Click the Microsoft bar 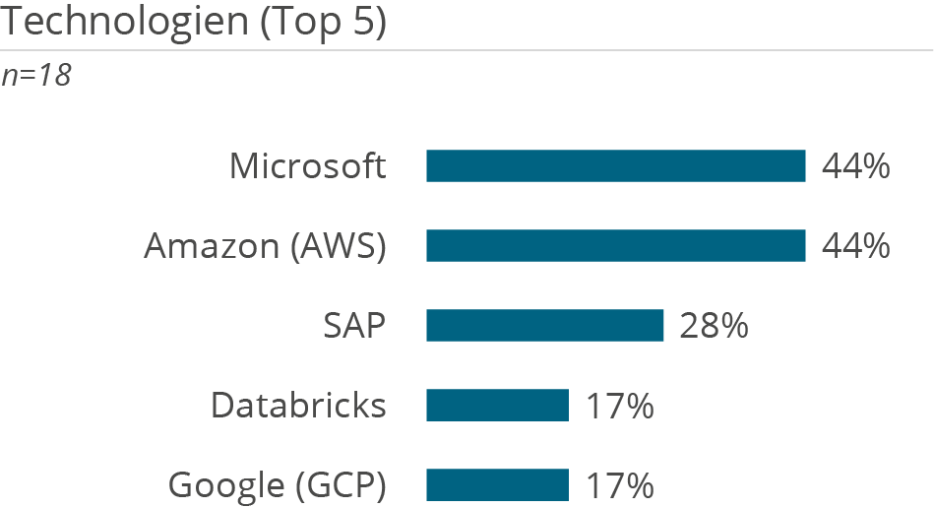(x=615, y=166)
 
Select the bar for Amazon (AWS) (x=615, y=245)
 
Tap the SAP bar (x=544, y=325)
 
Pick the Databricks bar (x=497, y=405)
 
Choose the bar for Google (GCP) (x=497, y=484)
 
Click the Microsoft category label (x=307, y=166)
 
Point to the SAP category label (x=354, y=325)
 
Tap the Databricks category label (x=298, y=405)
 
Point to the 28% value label (x=714, y=325)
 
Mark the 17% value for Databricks (x=619, y=405)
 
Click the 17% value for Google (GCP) (x=619, y=484)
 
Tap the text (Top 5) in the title (x=323, y=22)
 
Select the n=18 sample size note (x=36, y=76)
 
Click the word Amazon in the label (x=212, y=245)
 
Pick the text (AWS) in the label (x=338, y=245)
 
